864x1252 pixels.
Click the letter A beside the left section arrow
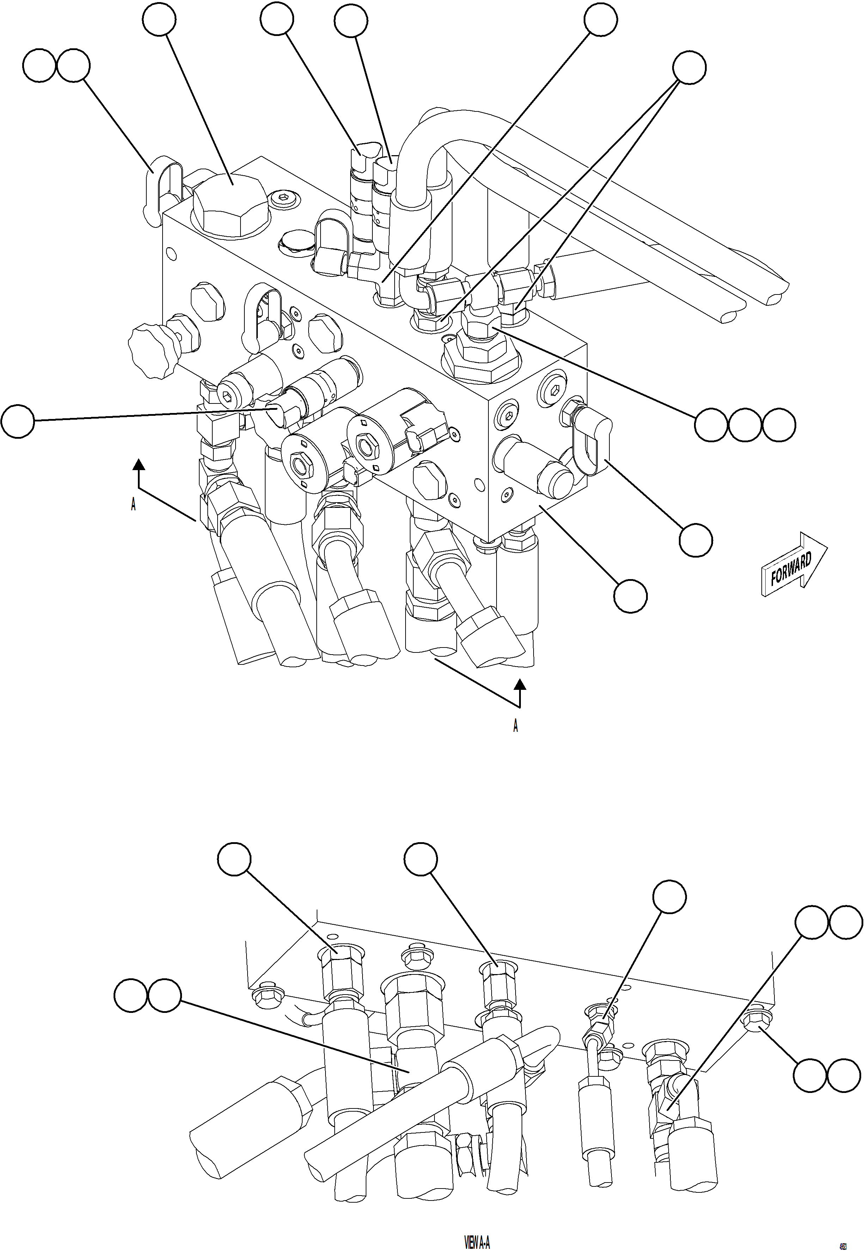point(133,504)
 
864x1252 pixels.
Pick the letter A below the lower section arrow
point(515,726)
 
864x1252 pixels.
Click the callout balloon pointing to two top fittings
point(689,68)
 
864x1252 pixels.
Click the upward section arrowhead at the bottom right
point(520,685)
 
